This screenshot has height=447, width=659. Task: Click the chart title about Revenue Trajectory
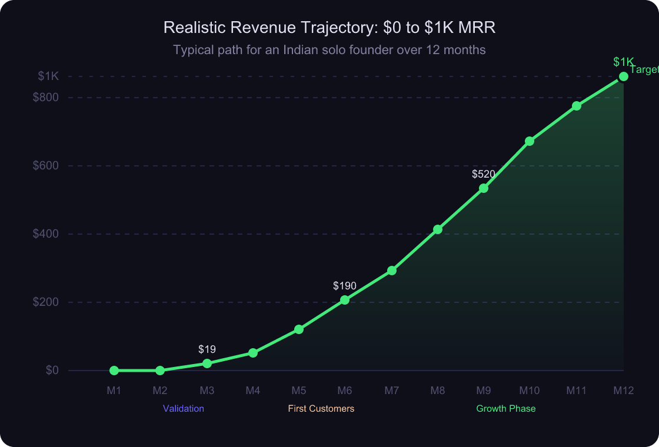[x=329, y=28]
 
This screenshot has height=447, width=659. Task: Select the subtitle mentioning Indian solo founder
[x=329, y=50]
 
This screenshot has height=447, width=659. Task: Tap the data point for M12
[x=624, y=76]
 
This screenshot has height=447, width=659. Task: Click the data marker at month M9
[x=484, y=188]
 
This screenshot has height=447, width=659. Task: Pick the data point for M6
[x=345, y=300]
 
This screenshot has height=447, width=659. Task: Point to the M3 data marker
[x=207, y=363]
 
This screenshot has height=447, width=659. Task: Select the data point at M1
[x=114, y=371]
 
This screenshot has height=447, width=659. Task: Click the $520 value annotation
[x=484, y=174]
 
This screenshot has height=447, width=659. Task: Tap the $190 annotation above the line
[x=345, y=286]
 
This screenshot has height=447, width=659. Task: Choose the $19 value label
[x=207, y=349]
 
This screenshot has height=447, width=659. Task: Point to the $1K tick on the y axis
[x=48, y=76]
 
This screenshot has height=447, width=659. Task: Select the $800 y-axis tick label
[x=46, y=97]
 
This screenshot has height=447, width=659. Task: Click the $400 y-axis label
[x=46, y=234]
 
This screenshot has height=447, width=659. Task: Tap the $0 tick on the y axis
[x=52, y=370]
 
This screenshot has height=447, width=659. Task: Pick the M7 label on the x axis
[x=392, y=391]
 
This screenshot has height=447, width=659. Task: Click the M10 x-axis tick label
[x=530, y=391]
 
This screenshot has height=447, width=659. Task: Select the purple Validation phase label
[x=184, y=408]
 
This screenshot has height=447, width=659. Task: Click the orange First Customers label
[x=321, y=408]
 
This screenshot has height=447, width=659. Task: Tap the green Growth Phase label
[x=506, y=408]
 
